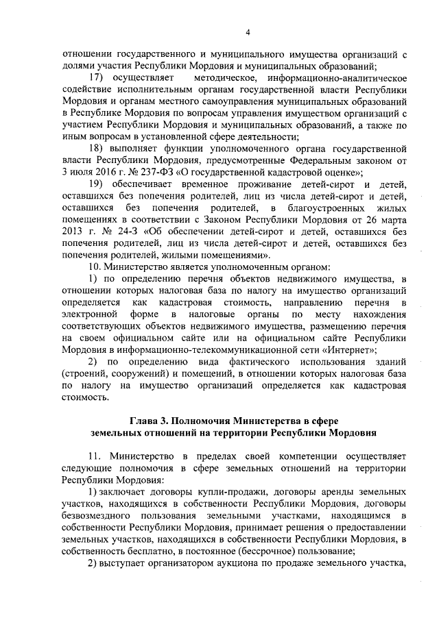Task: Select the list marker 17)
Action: (99, 78)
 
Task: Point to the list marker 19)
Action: (99, 185)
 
